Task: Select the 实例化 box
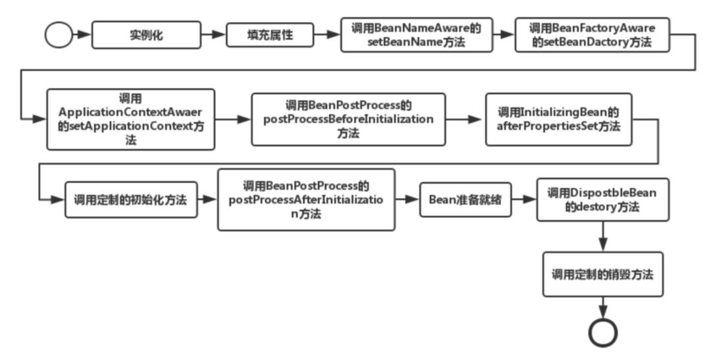click(146, 35)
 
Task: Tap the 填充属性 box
click(270, 35)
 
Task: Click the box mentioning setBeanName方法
click(416, 35)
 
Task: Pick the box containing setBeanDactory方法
click(592, 35)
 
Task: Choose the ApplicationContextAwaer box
click(130, 119)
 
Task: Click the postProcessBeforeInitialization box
click(348, 119)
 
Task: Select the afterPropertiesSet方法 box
click(559, 119)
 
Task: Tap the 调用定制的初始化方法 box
click(131, 199)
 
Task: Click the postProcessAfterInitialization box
click(306, 199)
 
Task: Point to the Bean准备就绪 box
click(465, 199)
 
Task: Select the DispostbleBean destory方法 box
click(602, 199)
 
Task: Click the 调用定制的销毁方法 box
click(602, 274)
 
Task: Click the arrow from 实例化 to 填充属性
click(213, 35)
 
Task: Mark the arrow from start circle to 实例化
click(82, 35)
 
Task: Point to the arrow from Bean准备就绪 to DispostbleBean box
click(524, 199)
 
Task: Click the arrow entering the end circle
click(602, 308)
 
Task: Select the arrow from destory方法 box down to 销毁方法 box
click(602, 237)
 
